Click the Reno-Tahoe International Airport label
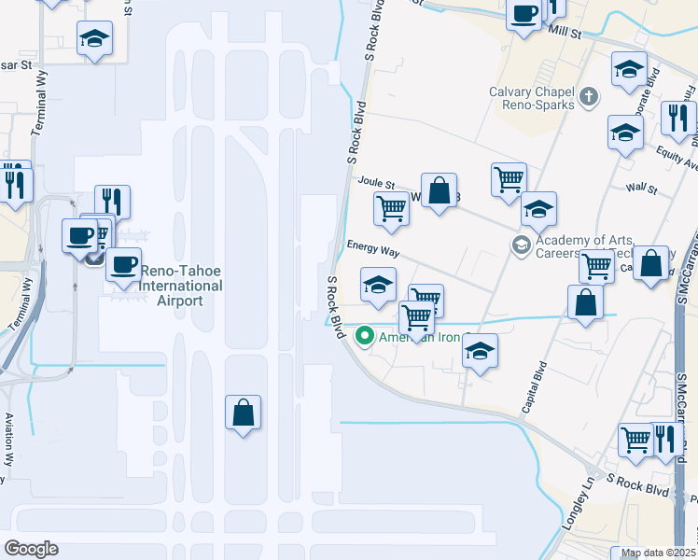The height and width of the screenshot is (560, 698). [x=181, y=287]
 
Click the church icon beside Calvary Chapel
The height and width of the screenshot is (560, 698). [x=588, y=96]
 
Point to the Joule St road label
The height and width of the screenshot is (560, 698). [x=378, y=185]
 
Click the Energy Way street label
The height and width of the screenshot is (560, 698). [x=373, y=249]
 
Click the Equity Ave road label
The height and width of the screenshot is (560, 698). [x=677, y=158]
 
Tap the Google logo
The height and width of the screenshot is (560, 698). [x=31, y=549]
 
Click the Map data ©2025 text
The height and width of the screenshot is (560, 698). [x=657, y=553]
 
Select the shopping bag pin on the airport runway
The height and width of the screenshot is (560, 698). [x=243, y=413]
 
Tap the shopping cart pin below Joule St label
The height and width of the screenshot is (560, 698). [x=391, y=209]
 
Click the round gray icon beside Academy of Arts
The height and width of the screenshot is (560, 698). [x=520, y=245]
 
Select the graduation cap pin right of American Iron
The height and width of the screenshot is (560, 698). [x=480, y=351]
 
